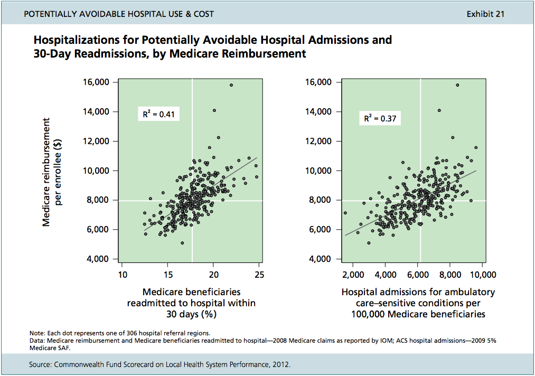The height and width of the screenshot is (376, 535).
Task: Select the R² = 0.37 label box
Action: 379,119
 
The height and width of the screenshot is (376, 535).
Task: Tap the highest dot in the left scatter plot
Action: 231,85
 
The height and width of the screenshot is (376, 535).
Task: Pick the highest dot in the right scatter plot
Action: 457,85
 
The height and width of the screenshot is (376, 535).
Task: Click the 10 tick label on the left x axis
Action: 121,275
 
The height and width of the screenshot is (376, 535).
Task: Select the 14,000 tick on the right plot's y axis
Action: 321,112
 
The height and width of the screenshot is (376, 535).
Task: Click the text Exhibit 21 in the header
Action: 485,14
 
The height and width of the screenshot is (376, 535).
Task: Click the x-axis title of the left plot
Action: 191,303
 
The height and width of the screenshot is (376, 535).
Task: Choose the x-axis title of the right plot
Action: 418,303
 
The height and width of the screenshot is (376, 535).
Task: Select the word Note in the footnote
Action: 36,333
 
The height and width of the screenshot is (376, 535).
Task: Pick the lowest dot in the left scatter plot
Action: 182,243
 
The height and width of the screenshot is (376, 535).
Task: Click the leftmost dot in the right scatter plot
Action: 345,213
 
